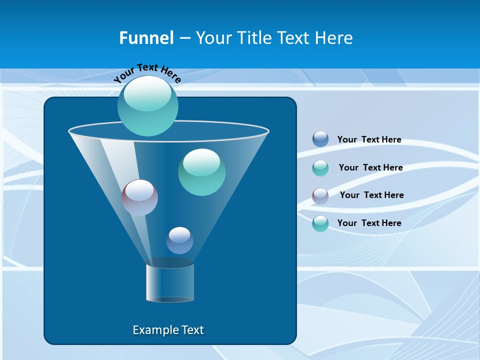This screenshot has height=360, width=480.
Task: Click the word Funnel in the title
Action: (146, 38)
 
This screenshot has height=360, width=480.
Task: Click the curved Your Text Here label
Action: (147, 72)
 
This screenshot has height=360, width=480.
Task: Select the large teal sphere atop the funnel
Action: (147, 105)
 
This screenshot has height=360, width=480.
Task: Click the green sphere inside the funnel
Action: (201, 172)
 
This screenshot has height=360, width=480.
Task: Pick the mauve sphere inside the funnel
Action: (139, 197)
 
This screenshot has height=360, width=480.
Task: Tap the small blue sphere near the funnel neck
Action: (179, 240)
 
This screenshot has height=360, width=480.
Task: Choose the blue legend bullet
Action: (320, 139)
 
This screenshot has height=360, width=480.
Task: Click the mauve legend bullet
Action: (320, 196)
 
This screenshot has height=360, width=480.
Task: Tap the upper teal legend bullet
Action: (320, 168)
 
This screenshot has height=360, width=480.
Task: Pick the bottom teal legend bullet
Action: (320, 223)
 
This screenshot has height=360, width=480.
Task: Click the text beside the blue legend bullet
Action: (369, 139)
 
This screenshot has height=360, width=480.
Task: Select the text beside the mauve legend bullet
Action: (371, 195)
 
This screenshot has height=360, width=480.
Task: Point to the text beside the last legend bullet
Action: (369, 223)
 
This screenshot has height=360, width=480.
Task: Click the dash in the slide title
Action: (184, 38)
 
